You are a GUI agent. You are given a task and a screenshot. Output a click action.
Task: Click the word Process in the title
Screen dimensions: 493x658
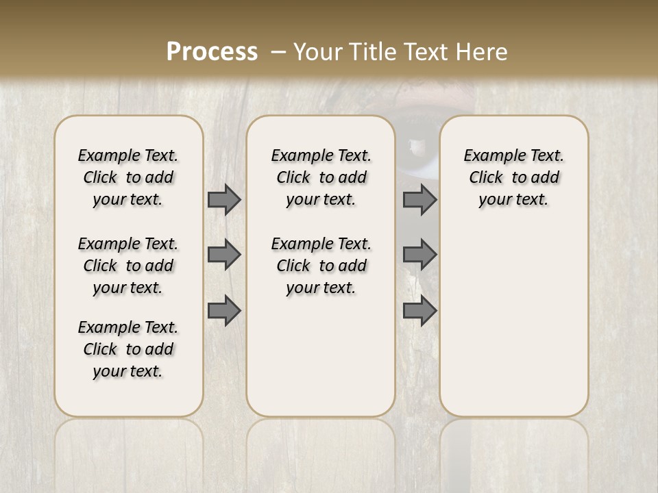click(x=212, y=51)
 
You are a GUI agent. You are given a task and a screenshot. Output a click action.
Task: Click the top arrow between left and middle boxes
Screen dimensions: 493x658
click(x=224, y=200)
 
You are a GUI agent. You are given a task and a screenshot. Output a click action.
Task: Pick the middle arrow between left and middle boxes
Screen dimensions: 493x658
click(x=224, y=255)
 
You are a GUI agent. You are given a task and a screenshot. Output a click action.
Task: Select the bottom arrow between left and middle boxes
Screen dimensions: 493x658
click(x=224, y=311)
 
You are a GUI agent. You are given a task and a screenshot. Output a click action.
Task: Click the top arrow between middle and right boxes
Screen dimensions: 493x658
click(x=419, y=200)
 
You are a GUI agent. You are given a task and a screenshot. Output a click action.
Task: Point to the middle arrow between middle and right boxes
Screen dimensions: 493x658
click(x=419, y=255)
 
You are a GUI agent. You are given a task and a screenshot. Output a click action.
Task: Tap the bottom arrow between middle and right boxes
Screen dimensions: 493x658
click(x=419, y=311)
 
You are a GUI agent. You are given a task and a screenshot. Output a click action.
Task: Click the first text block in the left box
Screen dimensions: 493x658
click(x=128, y=177)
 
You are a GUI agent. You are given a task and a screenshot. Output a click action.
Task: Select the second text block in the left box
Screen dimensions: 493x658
click(x=128, y=266)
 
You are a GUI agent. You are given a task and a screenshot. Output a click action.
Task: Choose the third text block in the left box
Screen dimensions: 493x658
click(x=128, y=349)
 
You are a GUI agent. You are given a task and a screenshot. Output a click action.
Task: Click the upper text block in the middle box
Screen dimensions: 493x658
click(x=321, y=177)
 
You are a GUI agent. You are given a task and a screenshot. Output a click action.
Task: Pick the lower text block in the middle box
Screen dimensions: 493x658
click(x=321, y=266)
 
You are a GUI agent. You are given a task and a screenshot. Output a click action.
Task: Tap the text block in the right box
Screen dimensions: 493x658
click(x=514, y=177)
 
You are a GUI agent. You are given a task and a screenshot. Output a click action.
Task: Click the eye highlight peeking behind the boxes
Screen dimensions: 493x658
click(x=415, y=144)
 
